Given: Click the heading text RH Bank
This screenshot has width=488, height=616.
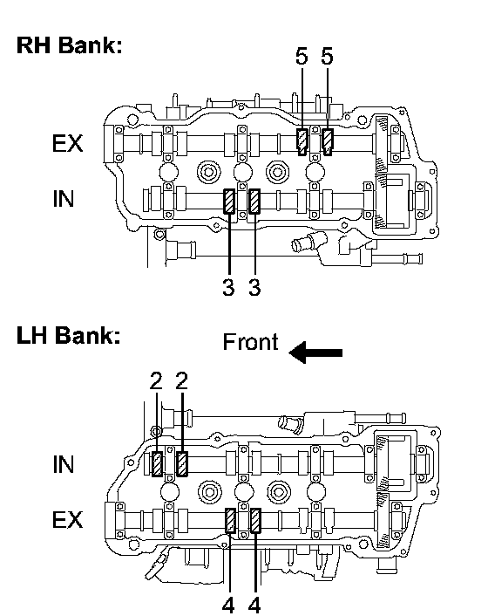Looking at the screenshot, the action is (x=69, y=45).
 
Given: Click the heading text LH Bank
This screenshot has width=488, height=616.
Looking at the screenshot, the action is (x=68, y=336).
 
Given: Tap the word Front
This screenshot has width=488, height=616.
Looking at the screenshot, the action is (x=250, y=342).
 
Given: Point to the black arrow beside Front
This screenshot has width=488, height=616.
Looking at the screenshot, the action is (x=315, y=352).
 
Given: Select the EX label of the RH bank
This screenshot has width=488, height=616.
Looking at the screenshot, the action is (x=67, y=143).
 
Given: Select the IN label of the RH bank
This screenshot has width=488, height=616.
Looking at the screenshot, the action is (x=63, y=199).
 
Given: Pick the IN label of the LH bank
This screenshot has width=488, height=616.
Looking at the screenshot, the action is (x=63, y=465).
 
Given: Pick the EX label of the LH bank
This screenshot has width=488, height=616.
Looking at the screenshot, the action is (x=67, y=520).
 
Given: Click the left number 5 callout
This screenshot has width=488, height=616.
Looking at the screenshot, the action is (x=302, y=56).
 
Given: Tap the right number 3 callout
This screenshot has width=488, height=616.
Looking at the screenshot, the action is (x=254, y=287).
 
